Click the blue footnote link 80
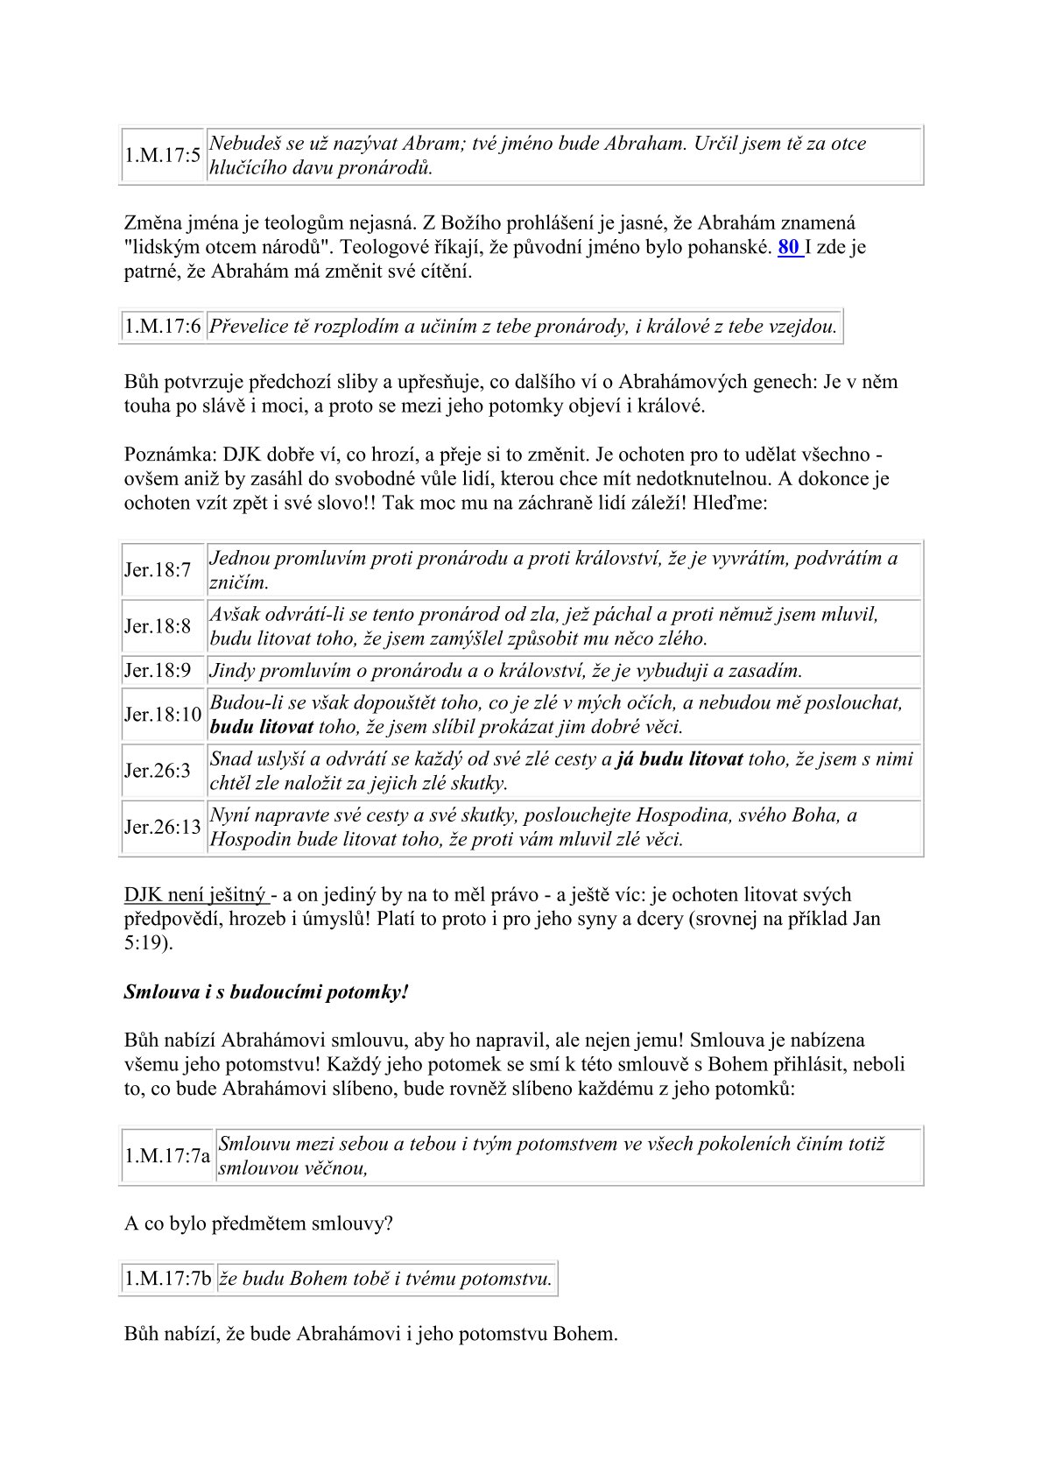pos(788,247)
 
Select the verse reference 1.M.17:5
pos(163,155)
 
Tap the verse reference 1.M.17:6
pos(163,327)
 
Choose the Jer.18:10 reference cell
pos(163,715)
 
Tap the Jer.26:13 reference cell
pos(163,827)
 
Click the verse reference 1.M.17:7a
pos(167,1155)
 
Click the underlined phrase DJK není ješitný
pos(194,894)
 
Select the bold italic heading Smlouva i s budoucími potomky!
pos(266,992)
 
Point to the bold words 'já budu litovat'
pos(679,758)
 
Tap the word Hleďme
pos(734,504)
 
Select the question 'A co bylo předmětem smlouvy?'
pos(258,1224)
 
